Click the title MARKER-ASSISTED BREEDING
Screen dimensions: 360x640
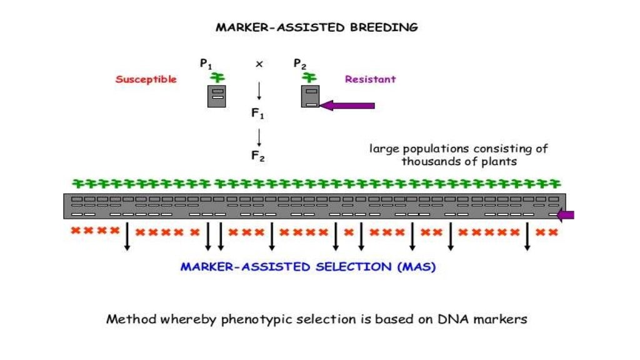(x=316, y=27)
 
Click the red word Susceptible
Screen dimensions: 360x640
(x=146, y=79)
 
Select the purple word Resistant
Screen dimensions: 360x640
(x=370, y=79)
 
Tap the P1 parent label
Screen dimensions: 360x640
(x=206, y=63)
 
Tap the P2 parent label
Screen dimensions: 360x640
(x=300, y=63)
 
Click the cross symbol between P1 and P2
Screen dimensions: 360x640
(x=258, y=64)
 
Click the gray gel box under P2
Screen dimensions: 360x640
(x=310, y=96)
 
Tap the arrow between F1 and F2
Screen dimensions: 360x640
(x=258, y=136)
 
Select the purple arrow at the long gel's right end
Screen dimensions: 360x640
(x=566, y=215)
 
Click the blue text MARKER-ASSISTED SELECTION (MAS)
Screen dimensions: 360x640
(x=308, y=267)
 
